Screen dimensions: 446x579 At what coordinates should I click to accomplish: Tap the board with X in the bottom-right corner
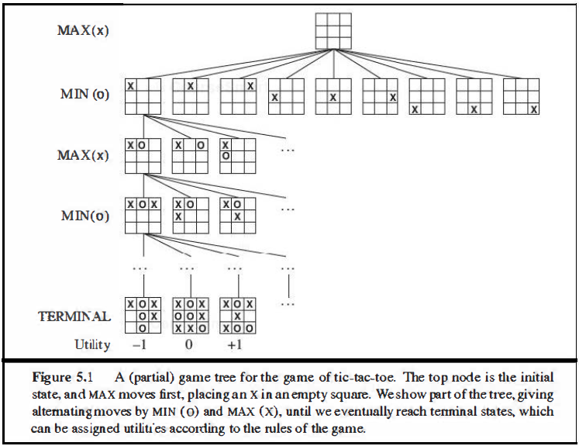click(522, 97)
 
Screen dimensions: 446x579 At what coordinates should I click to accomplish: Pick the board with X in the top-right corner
click(237, 97)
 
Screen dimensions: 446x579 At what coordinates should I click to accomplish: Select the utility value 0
click(190, 344)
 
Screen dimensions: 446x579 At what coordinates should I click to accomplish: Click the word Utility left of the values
click(92, 344)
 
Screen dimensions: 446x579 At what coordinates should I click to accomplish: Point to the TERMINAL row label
click(74, 316)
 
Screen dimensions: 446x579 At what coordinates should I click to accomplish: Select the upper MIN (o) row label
click(83, 95)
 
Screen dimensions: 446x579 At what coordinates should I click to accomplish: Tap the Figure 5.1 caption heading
click(62, 379)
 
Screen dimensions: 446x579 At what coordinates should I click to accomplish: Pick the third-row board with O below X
click(237, 156)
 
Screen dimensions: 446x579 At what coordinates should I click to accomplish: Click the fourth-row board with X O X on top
click(143, 215)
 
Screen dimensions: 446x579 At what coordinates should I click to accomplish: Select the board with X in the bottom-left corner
click(426, 97)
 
